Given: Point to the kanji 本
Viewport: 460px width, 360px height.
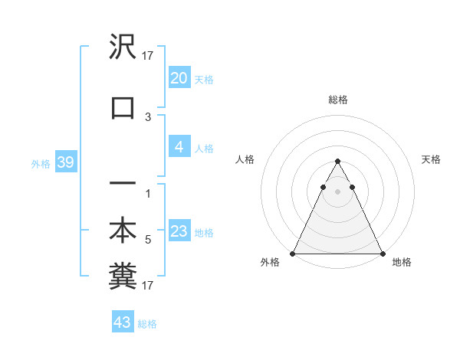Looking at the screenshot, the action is [123, 231].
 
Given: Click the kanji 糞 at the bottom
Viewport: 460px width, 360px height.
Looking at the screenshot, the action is [123, 278].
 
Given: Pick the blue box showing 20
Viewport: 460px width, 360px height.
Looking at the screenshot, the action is [179, 78].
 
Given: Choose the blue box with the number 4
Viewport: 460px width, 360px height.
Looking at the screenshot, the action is [179, 147].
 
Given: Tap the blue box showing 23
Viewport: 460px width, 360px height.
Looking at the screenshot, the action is [179, 231].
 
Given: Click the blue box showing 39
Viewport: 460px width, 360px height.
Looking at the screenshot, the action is [65, 162].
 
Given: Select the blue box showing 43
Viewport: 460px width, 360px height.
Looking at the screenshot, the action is [122, 322].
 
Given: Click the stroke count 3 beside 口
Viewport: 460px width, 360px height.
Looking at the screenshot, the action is [148, 117].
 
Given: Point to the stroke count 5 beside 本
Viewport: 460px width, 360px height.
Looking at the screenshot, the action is [148, 240].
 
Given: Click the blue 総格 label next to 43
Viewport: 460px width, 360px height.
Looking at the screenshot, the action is [147, 324].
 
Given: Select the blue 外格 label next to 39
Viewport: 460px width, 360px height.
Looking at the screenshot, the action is [40, 163].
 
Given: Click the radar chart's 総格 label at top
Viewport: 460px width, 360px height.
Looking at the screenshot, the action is [337, 100].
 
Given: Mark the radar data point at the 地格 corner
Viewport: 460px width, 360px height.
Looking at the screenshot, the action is [383, 254].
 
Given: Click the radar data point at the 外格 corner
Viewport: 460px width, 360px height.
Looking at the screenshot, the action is [293, 254].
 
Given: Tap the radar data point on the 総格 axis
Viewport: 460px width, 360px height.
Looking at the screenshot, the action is [337, 162].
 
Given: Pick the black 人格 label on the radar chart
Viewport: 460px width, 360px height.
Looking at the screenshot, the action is [245, 159].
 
